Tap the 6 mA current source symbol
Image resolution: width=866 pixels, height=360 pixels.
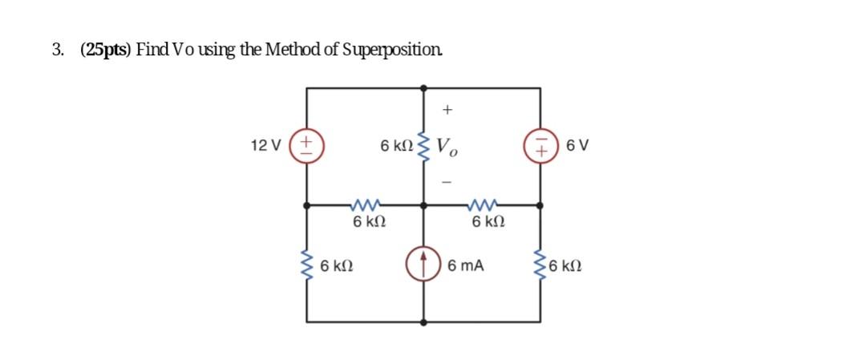(x=424, y=264)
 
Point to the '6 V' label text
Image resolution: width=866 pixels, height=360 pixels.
(x=577, y=146)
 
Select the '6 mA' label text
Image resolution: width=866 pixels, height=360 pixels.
(x=466, y=265)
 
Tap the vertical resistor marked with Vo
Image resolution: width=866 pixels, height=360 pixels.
(x=424, y=147)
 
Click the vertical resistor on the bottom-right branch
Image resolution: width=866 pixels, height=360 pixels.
(x=540, y=264)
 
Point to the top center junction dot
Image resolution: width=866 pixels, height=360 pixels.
(x=424, y=87)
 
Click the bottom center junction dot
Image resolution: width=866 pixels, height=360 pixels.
(x=424, y=322)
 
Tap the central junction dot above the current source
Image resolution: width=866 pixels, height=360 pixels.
(x=424, y=205)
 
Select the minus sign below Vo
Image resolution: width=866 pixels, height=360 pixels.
(x=447, y=183)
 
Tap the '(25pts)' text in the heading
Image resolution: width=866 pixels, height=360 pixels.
(x=106, y=50)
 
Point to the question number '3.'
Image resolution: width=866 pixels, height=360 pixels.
(x=59, y=50)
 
